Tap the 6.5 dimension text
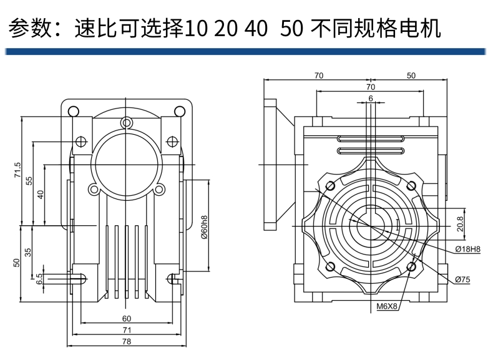[x=40, y=278]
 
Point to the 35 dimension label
[x=29, y=252]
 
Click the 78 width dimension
[x=127, y=341]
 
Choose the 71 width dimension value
[x=127, y=329]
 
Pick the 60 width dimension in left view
[x=127, y=318]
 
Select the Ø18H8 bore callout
[x=467, y=249]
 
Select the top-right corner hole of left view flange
[x=180, y=112]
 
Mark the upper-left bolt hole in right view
[x=330, y=186]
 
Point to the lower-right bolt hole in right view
[x=411, y=267]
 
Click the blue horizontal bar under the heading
[x=246, y=51]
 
